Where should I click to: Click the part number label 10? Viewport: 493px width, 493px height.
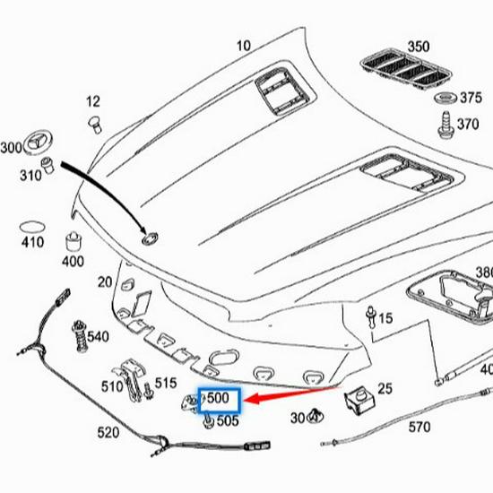point(244,46)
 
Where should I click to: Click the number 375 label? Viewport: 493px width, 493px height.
point(470,99)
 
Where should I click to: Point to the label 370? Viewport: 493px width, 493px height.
point(468,125)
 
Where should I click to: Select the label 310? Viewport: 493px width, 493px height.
point(30,176)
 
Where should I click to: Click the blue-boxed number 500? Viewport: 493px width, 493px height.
point(219,398)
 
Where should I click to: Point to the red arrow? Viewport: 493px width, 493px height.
point(296,395)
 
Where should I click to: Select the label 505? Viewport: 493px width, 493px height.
point(228,419)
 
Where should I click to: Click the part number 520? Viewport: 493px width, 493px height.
point(108,433)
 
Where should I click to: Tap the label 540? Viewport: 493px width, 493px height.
point(98,337)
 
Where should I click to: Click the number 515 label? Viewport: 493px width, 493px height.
point(166,383)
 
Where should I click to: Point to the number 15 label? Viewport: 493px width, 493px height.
point(385,318)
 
